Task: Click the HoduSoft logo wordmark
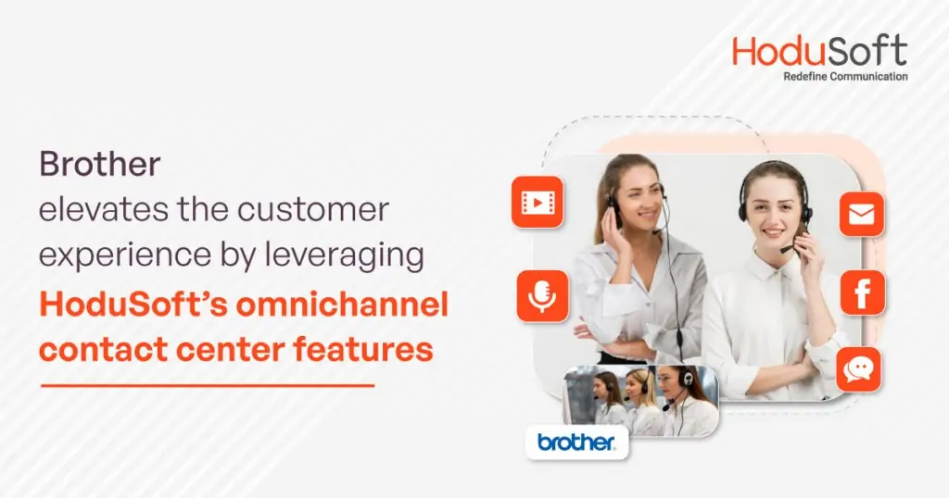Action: pyautogui.click(x=819, y=51)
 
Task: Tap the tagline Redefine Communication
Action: pyautogui.click(x=845, y=77)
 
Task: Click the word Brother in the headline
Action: pyautogui.click(x=100, y=164)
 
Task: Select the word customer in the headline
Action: pyautogui.click(x=313, y=210)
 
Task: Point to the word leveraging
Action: pyautogui.click(x=344, y=255)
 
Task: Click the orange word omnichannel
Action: pyautogui.click(x=342, y=304)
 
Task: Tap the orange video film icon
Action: pyautogui.click(x=538, y=202)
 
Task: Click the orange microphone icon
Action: pyautogui.click(x=542, y=296)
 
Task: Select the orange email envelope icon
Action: pyautogui.click(x=862, y=214)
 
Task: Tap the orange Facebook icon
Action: pyautogui.click(x=863, y=293)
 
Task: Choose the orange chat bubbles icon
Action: pyautogui.click(x=858, y=368)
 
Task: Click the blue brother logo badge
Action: pyautogui.click(x=576, y=442)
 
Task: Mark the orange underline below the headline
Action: pyautogui.click(x=208, y=385)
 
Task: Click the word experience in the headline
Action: pyautogui.click(x=125, y=256)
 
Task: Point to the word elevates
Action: pyautogui.click(x=104, y=210)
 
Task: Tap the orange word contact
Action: pyautogui.click(x=100, y=350)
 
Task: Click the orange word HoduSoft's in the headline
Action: pyautogui.click(x=133, y=304)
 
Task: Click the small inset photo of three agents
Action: pyautogui.click(x=641, y=402)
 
